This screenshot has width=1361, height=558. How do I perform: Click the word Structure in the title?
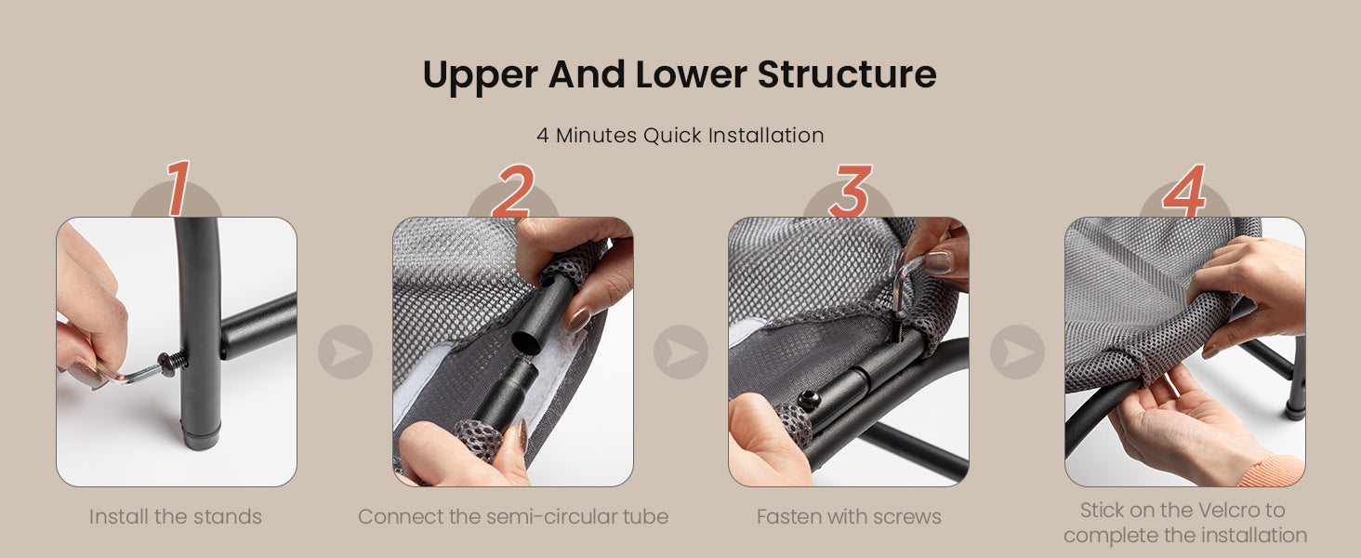846,74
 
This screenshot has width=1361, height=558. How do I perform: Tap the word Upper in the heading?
481,76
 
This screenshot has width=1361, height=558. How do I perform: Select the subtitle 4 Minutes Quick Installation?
680,135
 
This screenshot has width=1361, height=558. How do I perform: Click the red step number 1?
178,188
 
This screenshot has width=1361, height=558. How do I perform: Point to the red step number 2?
513,191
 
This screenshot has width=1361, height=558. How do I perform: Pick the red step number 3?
851,191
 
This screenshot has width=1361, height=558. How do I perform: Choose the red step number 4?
1184,191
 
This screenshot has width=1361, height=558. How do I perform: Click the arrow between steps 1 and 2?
345,352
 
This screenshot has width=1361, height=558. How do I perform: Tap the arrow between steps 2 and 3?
681,352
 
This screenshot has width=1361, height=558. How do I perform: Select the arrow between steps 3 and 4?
1017,352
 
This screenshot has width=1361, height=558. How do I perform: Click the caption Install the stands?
176,517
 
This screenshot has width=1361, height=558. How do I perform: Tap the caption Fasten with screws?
849,517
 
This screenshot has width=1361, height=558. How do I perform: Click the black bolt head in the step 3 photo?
808,400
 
